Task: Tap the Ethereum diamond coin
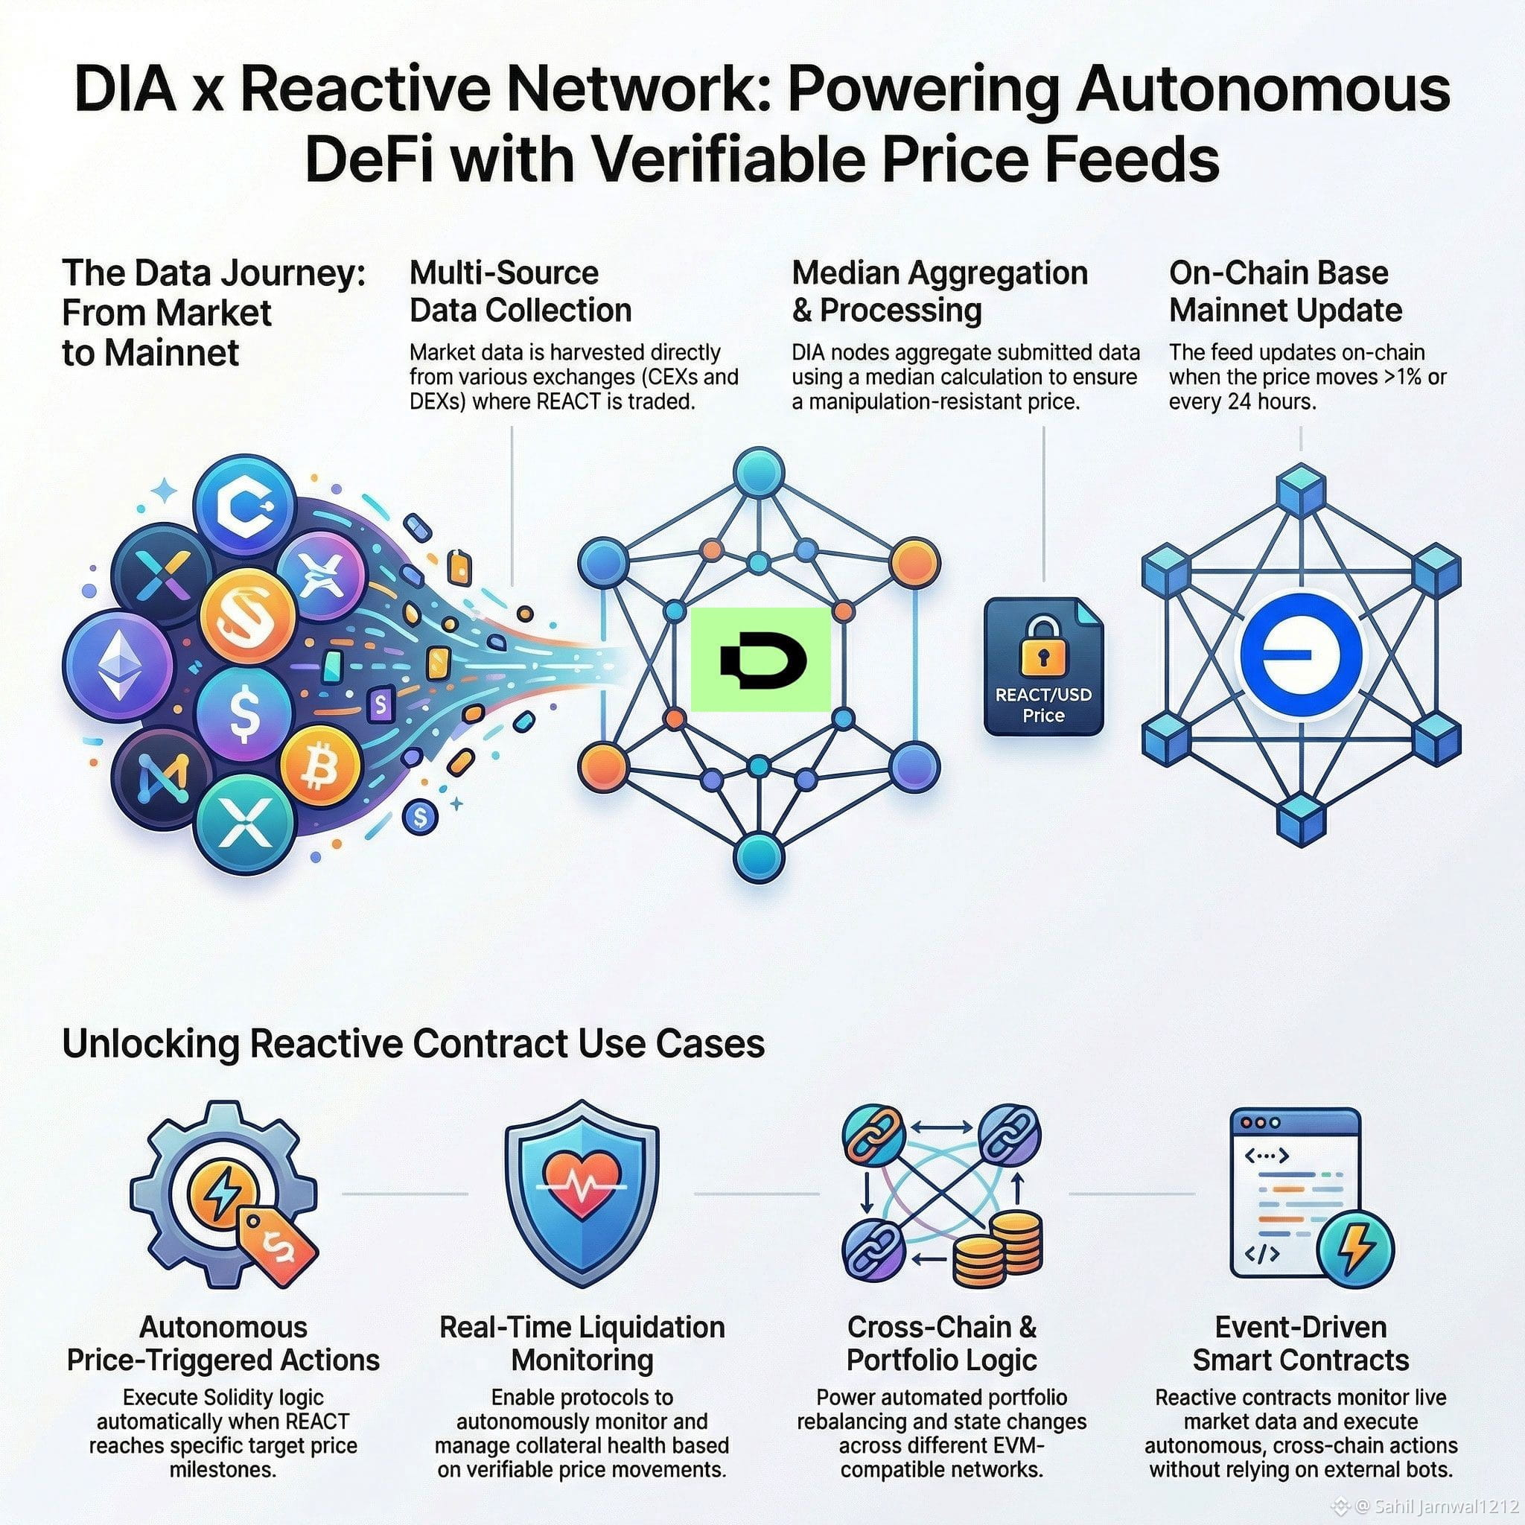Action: (x=119, y=667)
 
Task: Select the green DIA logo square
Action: (x=761, y=660)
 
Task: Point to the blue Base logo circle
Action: (x=1300, y=656)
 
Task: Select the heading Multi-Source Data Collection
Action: (x=520, y=291)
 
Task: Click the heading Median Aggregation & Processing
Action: (x=939, y=291)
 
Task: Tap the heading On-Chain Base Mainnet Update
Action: (x=1285, y=291)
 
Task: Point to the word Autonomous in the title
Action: (x=1263, y=90)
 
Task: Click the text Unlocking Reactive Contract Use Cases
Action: (x=413, y=1044)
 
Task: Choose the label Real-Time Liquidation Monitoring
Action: (x=582, y=1343)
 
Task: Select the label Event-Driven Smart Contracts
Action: (x=1300, y=1343)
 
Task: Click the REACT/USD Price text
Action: (x=1042, y=705)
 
